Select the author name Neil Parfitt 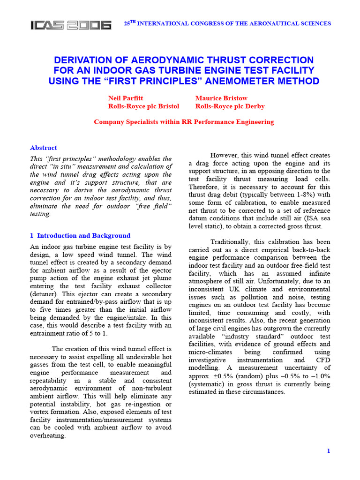point(126,98)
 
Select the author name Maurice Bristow point(221,98)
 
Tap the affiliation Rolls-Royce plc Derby point(230,106)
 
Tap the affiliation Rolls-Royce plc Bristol point(143,106)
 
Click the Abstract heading point(43,148)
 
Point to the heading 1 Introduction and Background point(80,235)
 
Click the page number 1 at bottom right point(329,450)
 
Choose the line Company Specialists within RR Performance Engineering point(184,122)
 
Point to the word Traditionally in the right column point(232,241)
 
